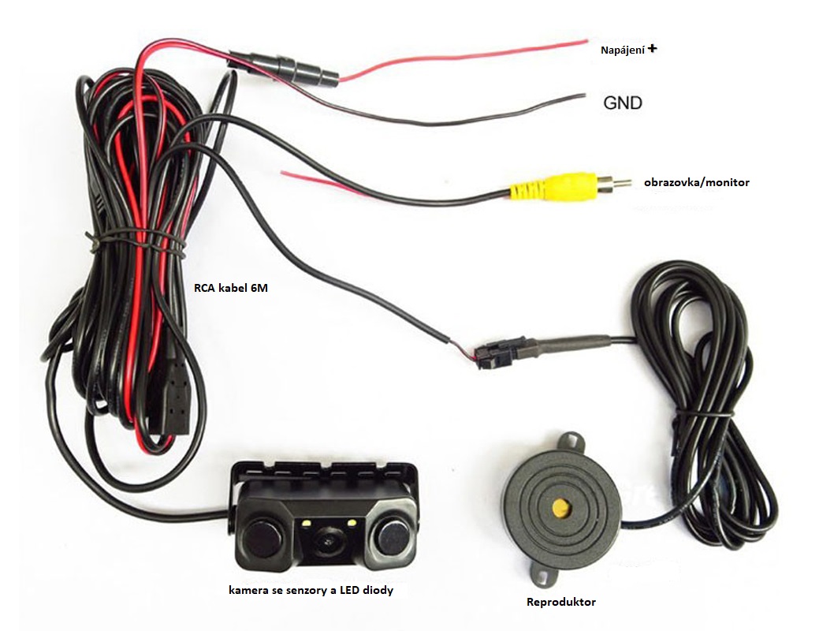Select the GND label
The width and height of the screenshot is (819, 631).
pyautogui.click(x=623, y=103)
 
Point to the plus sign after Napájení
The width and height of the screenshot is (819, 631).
pyautogui.click(x=652, y=49)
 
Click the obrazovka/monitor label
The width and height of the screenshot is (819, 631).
pyautogui.click(x=696, y=182)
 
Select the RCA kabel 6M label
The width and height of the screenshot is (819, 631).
pyautogui.click(x=231, y=288)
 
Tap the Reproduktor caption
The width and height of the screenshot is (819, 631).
pyautogui.click(x=561, y=603)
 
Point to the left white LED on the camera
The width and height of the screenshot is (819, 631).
pyautogui.click(x=304, y=523)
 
